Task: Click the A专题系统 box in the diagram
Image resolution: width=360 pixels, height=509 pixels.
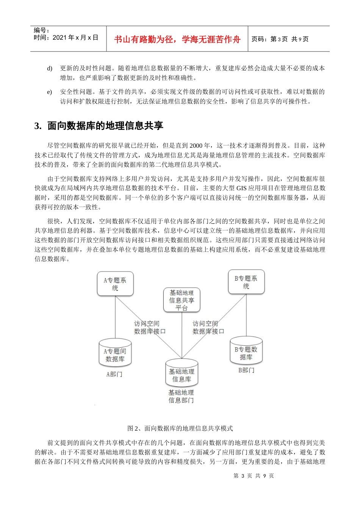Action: coord(115,284)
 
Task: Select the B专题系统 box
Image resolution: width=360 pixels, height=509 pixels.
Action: coord(246,282)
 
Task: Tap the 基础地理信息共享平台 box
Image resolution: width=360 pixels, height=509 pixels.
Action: coord(182,300)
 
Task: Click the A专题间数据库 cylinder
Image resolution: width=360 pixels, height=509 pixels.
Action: coord(115,354)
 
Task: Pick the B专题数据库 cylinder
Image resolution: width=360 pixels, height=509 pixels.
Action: coord(246,352)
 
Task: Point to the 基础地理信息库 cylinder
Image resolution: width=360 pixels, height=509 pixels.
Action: coord(182,374)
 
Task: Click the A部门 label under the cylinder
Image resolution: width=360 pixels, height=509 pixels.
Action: coord(114,374)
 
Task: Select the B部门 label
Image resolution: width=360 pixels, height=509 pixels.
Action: coord(246,370)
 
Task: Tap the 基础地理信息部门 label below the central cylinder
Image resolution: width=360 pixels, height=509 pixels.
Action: coord(181,396)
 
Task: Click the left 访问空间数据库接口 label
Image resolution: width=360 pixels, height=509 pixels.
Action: coord(149,328)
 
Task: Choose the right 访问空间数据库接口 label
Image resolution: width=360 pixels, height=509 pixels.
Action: coord(208,328)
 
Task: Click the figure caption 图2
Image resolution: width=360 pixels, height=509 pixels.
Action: coord(180,428)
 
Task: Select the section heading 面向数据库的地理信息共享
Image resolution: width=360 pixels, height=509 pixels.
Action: coord(105,126)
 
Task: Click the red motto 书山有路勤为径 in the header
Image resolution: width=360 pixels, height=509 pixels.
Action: coord(177,39)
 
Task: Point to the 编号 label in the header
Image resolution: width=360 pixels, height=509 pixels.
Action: coord(41,30)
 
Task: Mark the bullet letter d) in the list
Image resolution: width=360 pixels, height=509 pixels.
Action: coord(50,69)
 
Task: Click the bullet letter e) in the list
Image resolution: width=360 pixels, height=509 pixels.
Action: coord(50,92)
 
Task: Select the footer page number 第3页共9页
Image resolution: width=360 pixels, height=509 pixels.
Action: coord(254,476)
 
